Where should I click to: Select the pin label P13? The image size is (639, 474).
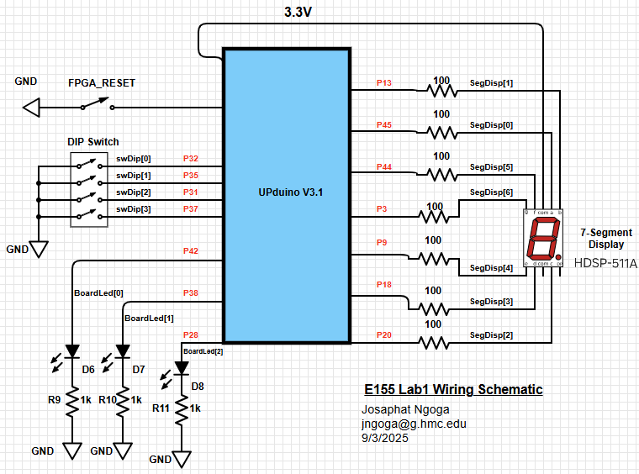coord(384,83)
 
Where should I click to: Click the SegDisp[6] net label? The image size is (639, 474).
coord(491,192)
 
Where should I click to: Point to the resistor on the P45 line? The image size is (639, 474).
coord(441,132)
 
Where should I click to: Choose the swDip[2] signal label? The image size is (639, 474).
coord(134,192)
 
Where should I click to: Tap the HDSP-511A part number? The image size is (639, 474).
coord(605,263)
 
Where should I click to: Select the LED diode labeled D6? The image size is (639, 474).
coord(72,350)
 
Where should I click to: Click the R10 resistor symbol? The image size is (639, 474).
coord(123,400)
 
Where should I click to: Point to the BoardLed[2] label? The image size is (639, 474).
coord(203,350)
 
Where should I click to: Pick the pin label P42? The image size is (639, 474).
coord(191,251)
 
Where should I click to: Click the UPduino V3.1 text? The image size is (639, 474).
coord(291,192)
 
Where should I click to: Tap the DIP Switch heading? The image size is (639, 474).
coord(93,142)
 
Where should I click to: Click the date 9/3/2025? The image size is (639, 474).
coord(383,438)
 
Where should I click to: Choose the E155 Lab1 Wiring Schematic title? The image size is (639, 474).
coord(453,389)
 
